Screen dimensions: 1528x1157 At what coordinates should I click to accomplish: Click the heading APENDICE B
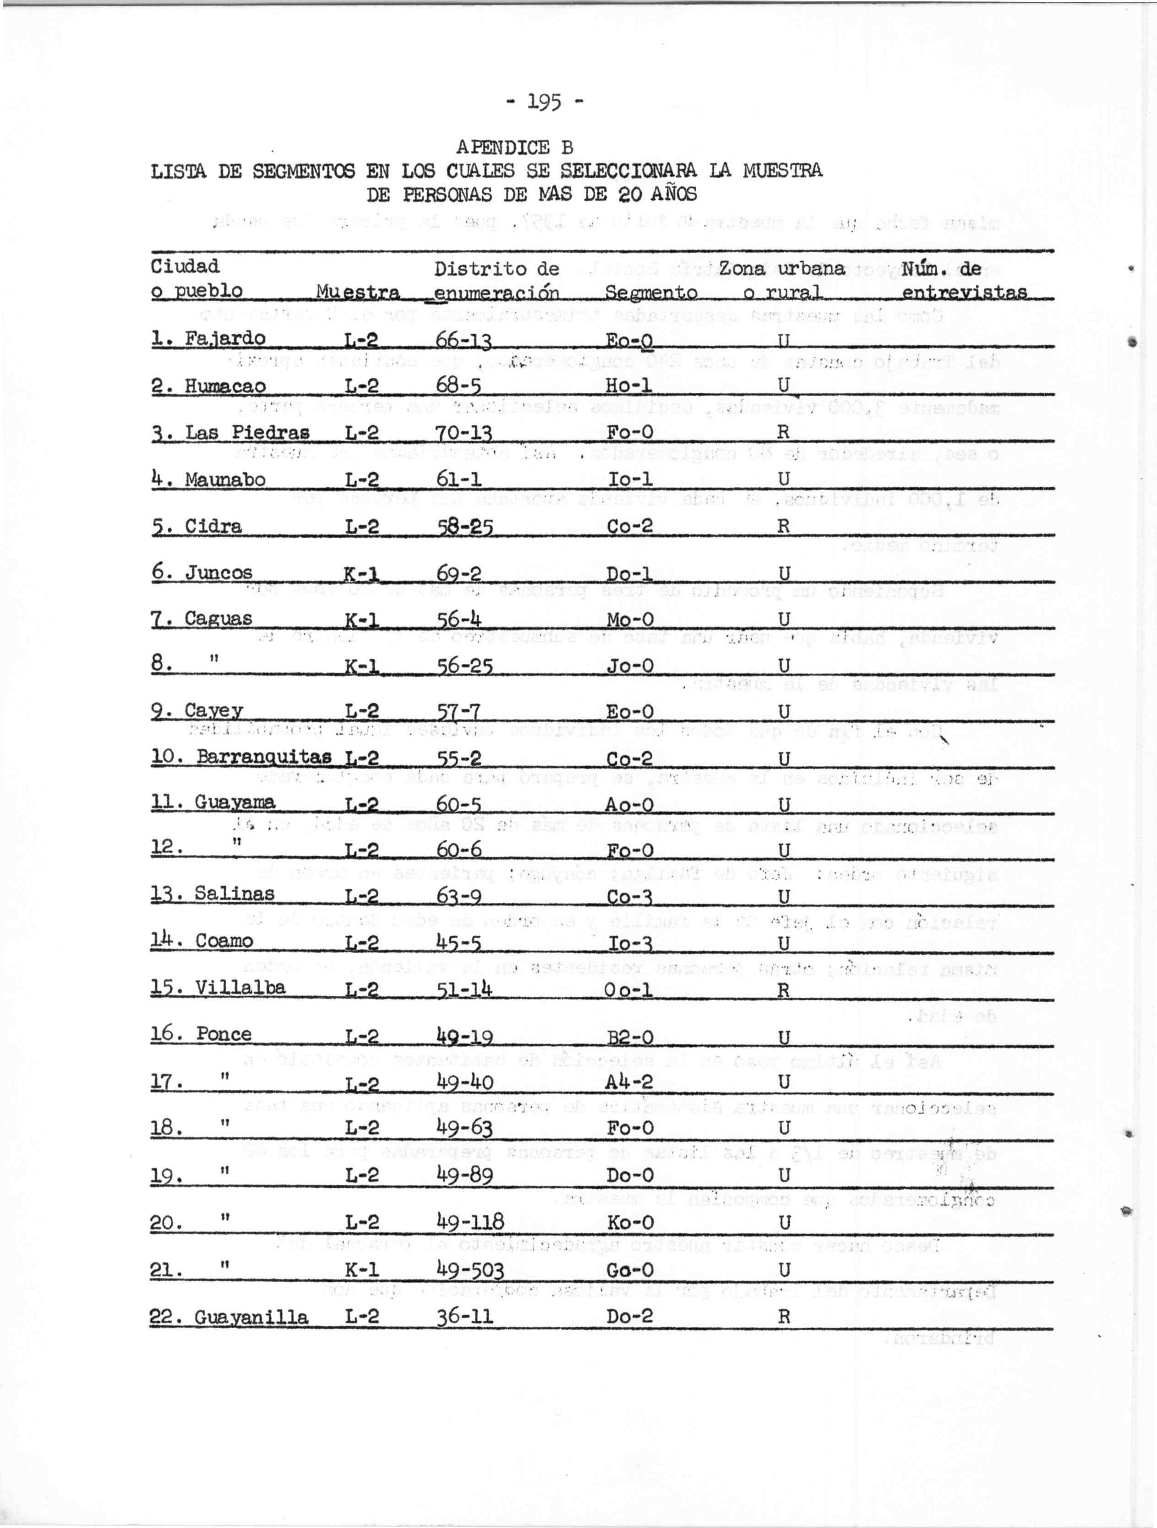pyautogui.click(x=514, y=147)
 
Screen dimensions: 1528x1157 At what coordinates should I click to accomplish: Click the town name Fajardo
pyautogui.click(x=224, y=338)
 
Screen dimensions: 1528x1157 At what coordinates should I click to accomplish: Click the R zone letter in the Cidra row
pyautogui.click(x=783, y=526)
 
